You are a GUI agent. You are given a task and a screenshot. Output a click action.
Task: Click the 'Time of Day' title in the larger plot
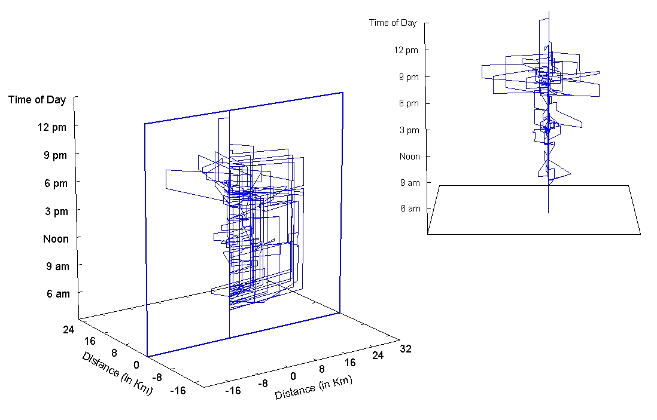click(x=37, y=100)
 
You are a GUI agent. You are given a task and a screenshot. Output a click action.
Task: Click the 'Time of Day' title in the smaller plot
click(x=393, y=23)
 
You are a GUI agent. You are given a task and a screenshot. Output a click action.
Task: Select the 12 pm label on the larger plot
click(x=52, y=127)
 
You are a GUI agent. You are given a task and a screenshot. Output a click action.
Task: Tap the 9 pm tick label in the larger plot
click(x=55, y=155)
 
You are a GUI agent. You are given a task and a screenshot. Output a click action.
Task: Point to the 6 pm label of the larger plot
click(x=56, y=183)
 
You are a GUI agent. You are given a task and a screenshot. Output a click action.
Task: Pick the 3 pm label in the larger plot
click(x=57, y=211)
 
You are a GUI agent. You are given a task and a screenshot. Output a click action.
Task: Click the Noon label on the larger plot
click(x=56, y=239)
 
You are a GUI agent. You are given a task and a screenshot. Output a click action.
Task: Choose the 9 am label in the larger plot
click(x=58, y=266)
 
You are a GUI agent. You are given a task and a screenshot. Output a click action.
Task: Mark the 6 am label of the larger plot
click(x=58, y=294)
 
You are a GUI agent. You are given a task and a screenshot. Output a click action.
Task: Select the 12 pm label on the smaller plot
click(x=406, y=50)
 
